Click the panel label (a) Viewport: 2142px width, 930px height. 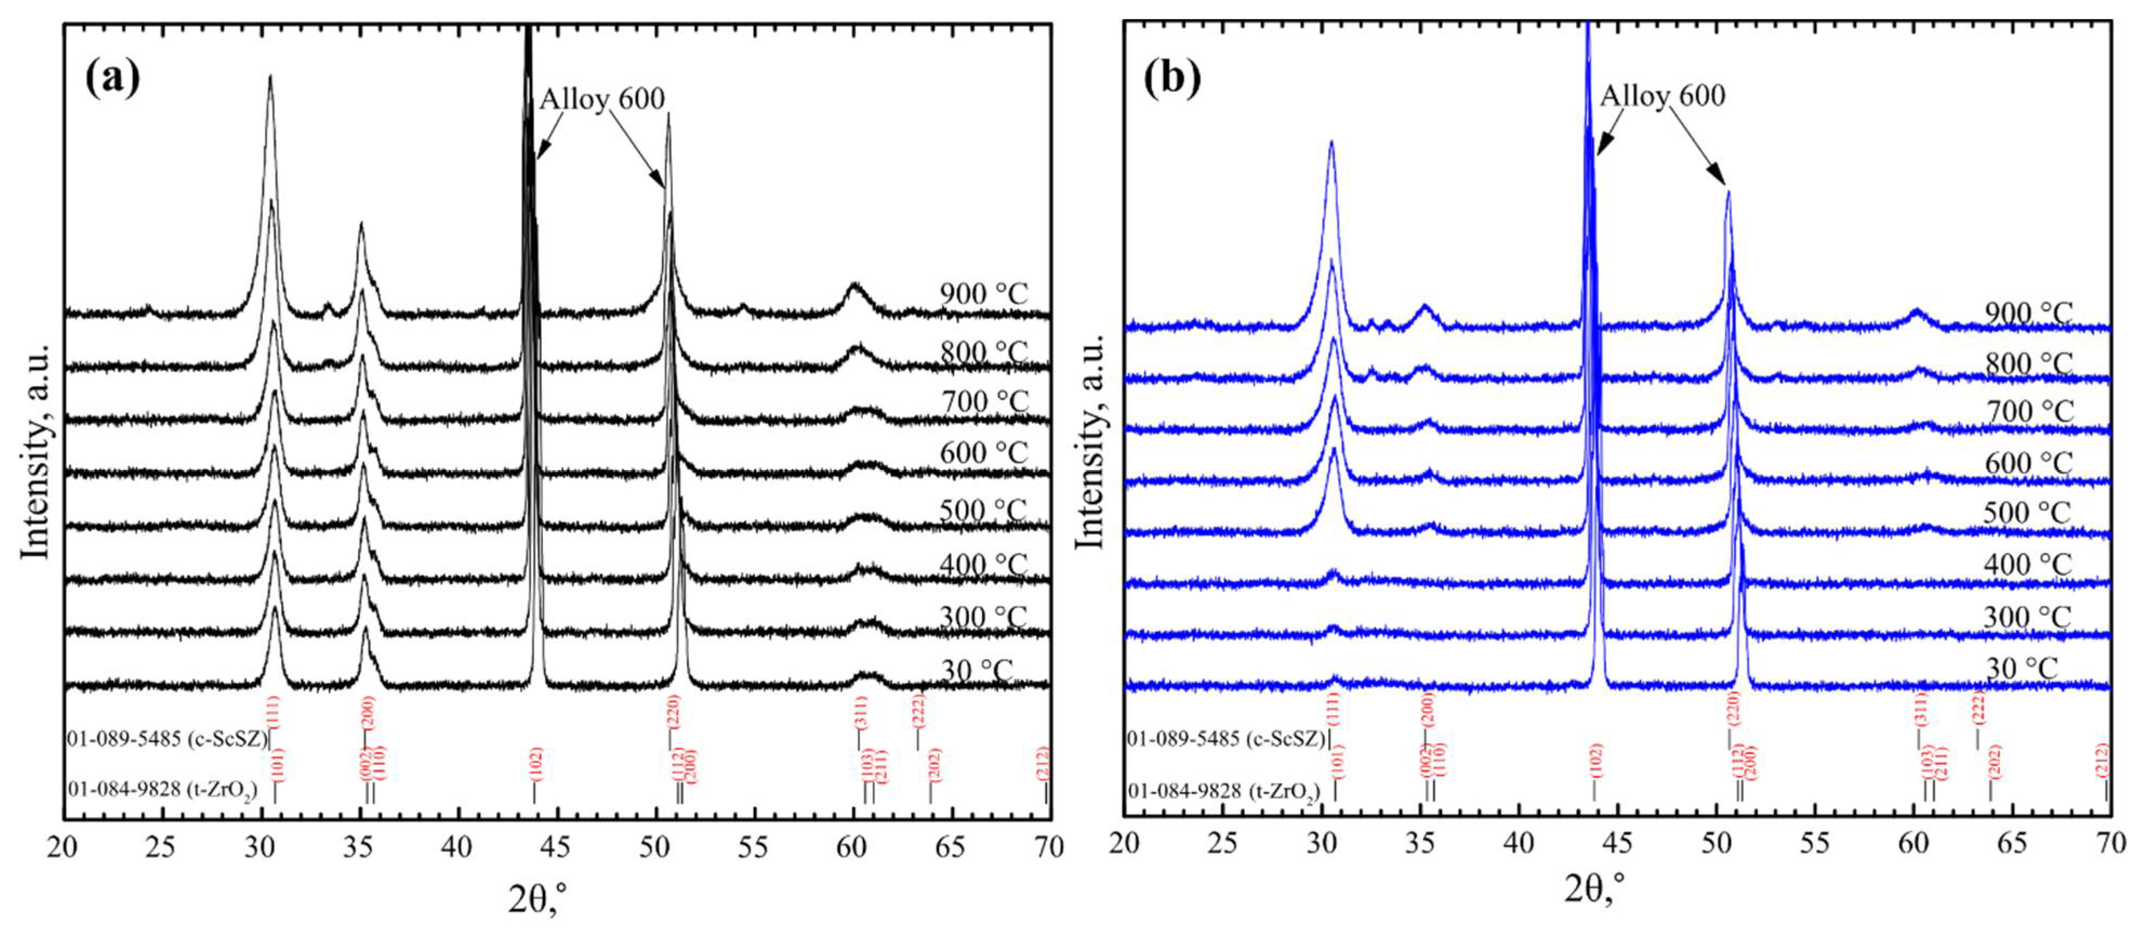[x=113, y=78]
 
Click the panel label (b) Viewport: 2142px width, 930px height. [x=1172, y=78]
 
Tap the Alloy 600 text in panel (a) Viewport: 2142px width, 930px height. [x=602, y=99]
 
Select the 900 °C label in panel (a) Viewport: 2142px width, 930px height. [x=984, y=294]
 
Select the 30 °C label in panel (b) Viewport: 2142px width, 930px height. [x=2021, y=669]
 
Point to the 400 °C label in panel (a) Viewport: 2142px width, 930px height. [x=984, y=566]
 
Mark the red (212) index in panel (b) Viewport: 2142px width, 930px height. [x=2103, y=760]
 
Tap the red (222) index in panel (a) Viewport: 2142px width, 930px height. [x=918, y=710]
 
